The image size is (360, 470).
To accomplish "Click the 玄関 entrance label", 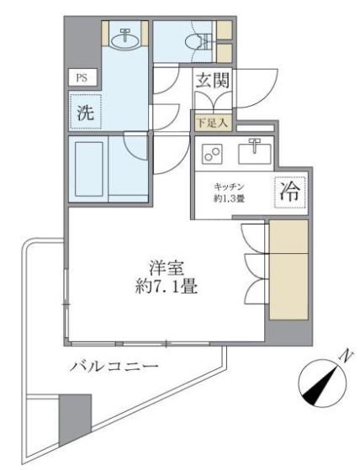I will (214, 82).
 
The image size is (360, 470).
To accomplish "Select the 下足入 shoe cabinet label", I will (207, 123).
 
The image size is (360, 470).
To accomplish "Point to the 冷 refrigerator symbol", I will (289, 190).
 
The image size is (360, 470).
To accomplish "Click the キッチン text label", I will (228, 186).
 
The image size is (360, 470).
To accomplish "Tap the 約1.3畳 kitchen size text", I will (228, 200).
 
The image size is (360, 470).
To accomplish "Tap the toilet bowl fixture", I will (191, 40).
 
